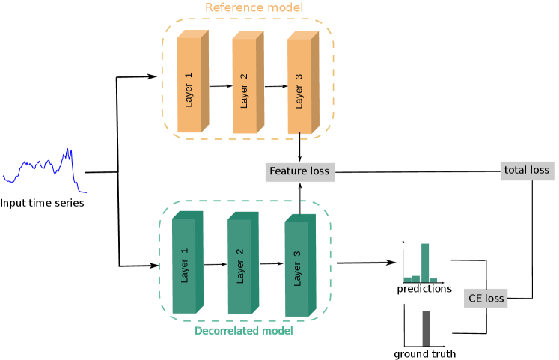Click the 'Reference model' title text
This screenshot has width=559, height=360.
(x=254, y=7)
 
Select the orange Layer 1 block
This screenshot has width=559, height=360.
(x=190, y=84)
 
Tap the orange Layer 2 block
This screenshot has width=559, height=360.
(x=245, y=84)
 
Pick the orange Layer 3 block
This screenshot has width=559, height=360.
(x=301, y=84)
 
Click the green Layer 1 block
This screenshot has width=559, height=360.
(x=186, y=262)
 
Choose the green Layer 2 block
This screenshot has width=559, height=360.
(x=242, y=262)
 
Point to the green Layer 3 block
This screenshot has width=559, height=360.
(x=299, y=265)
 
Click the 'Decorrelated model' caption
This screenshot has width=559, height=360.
(x=243, y=331)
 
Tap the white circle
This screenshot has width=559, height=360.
(x=446, y=245)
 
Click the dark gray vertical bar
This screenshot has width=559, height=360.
(x=426, y=328)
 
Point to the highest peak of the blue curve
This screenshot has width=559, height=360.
(x=69, y=150)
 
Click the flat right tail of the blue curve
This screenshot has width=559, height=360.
(x=82, y=192)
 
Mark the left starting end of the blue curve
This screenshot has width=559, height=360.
(x=4, y=177)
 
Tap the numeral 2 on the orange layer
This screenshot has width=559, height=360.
(x=244, y=76)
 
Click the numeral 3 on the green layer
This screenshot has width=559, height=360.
(x=297, y=254)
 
